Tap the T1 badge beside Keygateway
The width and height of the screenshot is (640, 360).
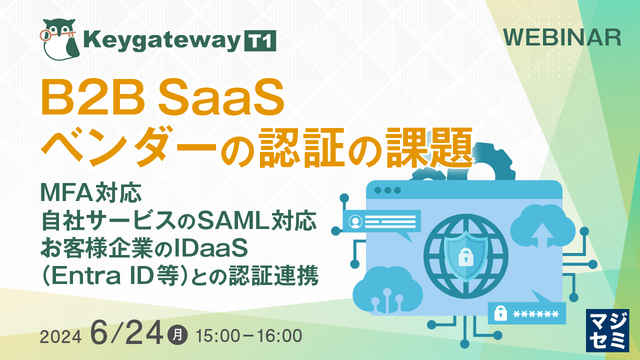(x=259, y=41)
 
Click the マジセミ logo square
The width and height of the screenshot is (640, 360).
(x=607, y=330)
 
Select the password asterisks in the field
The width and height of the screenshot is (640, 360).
(x=535, y=314)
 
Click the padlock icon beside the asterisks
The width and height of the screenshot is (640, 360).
(x=500, y=313)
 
